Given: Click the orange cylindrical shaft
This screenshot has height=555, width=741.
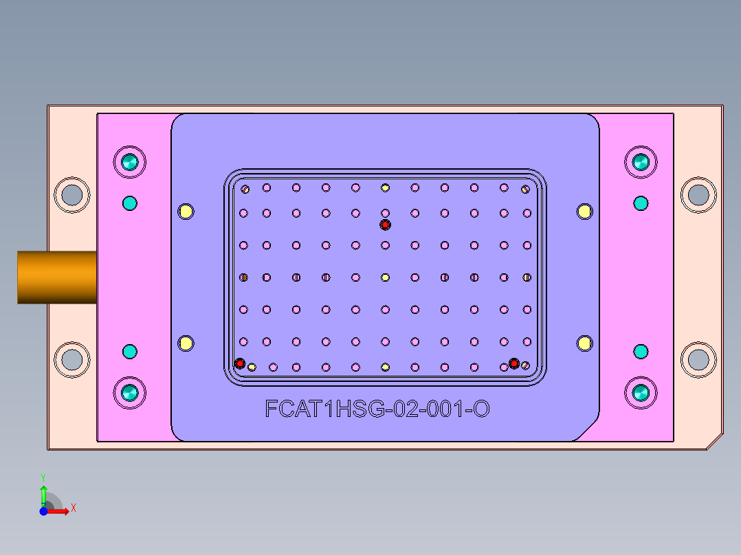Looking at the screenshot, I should pos(56,277).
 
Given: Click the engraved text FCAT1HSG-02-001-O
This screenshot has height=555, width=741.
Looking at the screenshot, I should pos(377,409).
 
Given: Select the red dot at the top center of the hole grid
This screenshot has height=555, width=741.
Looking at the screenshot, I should pos(385,225).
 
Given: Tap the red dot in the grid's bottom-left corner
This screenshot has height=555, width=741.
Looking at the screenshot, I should pos(240,363).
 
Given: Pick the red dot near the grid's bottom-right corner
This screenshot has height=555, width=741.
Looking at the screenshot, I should pos(513,363).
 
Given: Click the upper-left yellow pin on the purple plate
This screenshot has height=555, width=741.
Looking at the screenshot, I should pos(186,211).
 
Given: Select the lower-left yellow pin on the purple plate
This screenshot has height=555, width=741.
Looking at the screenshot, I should pos(186,343).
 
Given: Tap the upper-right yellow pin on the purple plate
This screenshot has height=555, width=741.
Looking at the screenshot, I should pos(584,211).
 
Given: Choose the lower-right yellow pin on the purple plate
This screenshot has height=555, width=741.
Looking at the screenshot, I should pos(584,343).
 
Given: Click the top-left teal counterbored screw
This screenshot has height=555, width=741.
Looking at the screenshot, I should pos(130,163).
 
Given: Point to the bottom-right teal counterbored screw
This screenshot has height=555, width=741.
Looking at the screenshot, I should pos(641,394).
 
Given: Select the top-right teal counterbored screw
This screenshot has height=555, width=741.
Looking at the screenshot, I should pos(641,163).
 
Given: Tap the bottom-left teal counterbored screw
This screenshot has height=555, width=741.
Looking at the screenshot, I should pos(130,394).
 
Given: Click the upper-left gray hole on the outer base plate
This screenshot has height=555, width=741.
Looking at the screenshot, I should pos(71,195).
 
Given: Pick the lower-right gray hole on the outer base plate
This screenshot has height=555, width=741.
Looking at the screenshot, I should pos(698,359).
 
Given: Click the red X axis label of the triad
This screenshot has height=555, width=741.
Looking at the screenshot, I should pos(73,508).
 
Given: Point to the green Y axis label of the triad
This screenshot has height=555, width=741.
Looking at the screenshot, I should pos(43,477).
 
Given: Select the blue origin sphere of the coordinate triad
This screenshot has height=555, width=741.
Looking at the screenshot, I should pos(43,511).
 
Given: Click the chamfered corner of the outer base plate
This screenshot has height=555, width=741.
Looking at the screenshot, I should pos(715,442).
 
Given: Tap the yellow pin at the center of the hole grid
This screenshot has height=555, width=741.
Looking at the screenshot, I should pos(385,277).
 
